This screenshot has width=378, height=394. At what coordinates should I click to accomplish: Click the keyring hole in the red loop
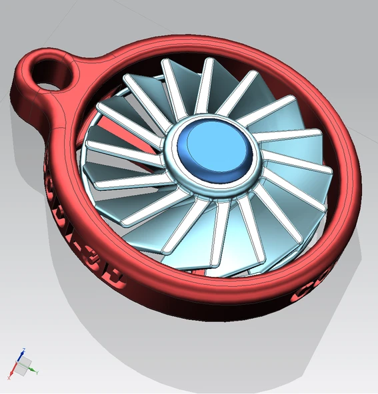coord(49,72)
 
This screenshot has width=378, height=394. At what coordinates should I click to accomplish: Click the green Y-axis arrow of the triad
coord(31,369)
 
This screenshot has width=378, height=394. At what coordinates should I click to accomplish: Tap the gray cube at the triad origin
coord(23,366)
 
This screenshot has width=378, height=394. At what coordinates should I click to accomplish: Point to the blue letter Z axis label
coord(24,349)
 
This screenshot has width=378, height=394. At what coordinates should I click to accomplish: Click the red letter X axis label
coord(9,378)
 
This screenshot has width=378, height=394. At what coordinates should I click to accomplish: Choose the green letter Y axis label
coord(37,372)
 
